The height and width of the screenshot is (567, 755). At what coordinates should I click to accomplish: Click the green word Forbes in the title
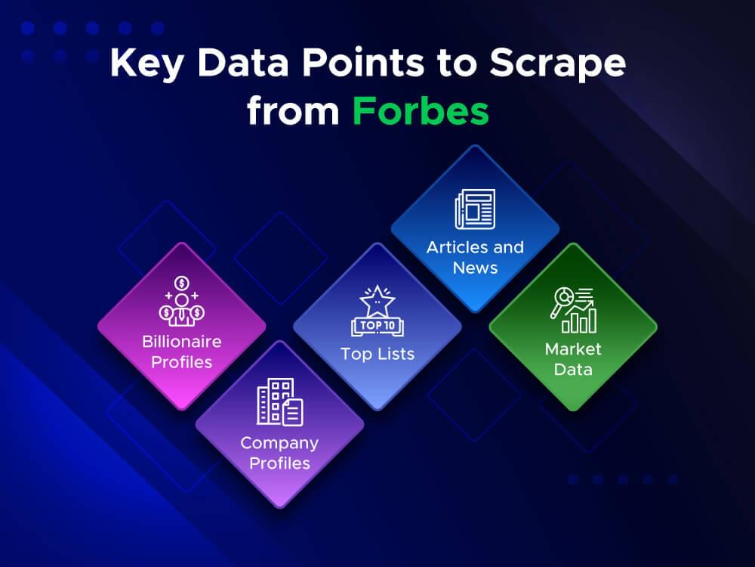click(x=421, y=111)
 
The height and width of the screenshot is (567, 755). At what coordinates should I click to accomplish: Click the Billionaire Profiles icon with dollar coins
click(x=181, y=302)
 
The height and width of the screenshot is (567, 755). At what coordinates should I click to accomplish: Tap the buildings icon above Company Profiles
click(x=279, y=402)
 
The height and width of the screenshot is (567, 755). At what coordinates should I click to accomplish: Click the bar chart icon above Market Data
click(x=573, y=310)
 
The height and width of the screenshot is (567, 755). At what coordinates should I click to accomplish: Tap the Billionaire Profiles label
click(x=181, y=352)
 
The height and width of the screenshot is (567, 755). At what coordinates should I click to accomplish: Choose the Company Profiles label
click(x=279, y=452)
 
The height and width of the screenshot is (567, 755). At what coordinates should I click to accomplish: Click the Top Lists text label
click(x=377, y=354)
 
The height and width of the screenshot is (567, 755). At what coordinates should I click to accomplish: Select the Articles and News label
click(x=475, y=257)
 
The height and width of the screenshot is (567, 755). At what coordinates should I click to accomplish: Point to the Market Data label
click(x=573, y=359)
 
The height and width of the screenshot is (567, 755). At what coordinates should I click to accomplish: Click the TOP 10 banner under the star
click(x=377, y=327)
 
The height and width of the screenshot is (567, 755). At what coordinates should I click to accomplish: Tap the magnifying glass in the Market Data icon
click(x=562, y=300)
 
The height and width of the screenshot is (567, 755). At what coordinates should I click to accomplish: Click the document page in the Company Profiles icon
click(x=292, y=412)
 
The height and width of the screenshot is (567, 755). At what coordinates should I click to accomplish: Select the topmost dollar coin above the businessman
click(x=181, y=283)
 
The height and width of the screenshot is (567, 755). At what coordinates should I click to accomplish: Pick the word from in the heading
click(x=293, y=111)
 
